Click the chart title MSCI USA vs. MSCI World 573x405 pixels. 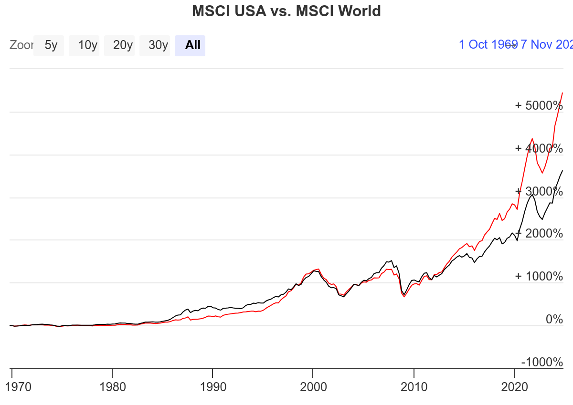click(286, 11)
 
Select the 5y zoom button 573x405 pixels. click(51, 45)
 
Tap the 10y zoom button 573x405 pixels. click(88, 45)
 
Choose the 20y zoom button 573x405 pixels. click(123, 45)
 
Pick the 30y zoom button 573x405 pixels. click(158, 45)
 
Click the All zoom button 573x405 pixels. click(192, 45)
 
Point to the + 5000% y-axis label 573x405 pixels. click(539, 105)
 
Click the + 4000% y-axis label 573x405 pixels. click(539, 148)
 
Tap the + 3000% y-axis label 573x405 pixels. click(539, 191)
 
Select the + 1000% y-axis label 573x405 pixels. click(539, 277)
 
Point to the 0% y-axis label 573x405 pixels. click(554, 320)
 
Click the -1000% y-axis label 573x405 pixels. click(542, 362)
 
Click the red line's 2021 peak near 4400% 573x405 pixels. click(532, 139)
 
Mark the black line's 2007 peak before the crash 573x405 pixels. click(392, 261)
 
